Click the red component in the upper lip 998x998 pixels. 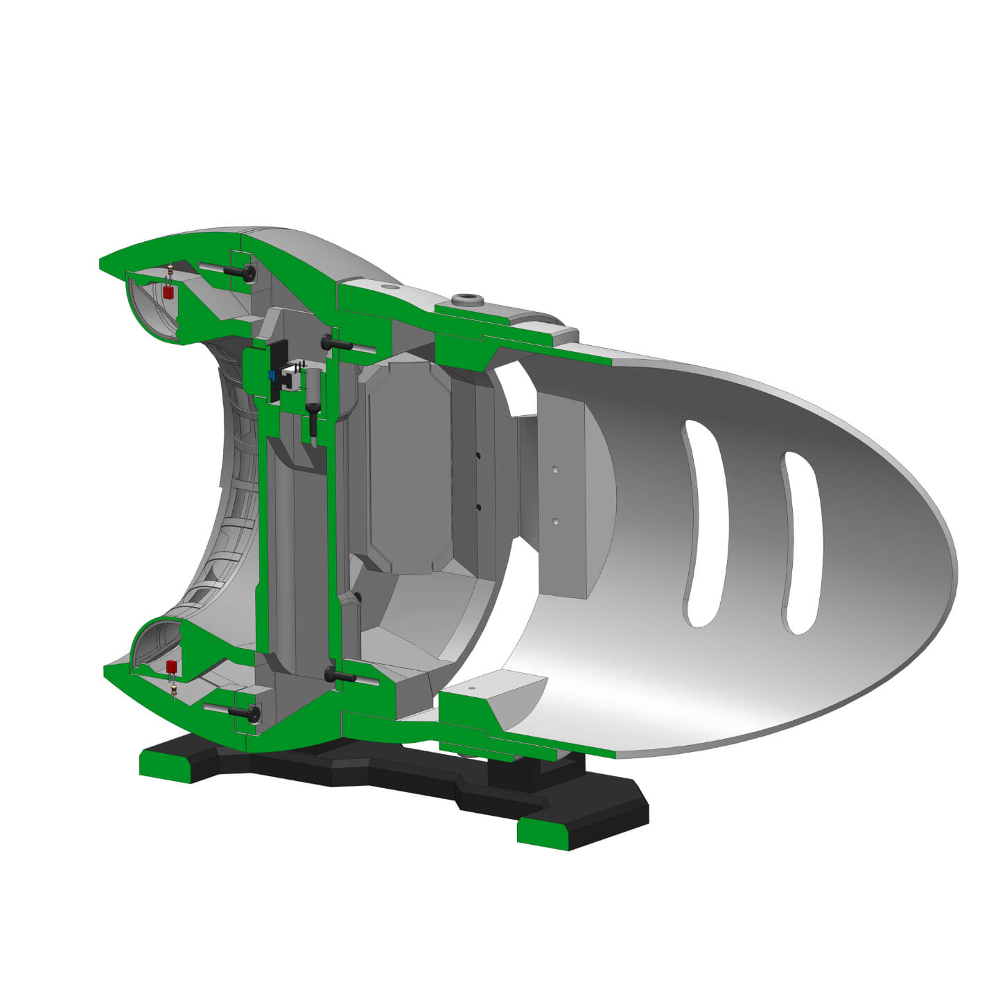(168, 292)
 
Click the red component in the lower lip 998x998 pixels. (172, 667)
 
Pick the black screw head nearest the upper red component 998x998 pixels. (248, 274)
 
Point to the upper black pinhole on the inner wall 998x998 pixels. (478, 455)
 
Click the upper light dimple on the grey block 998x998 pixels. (554, 469)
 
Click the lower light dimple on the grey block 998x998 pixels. (554, 519)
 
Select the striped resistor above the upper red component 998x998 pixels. (170, 272)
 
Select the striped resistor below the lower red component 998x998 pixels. (173, 689)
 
